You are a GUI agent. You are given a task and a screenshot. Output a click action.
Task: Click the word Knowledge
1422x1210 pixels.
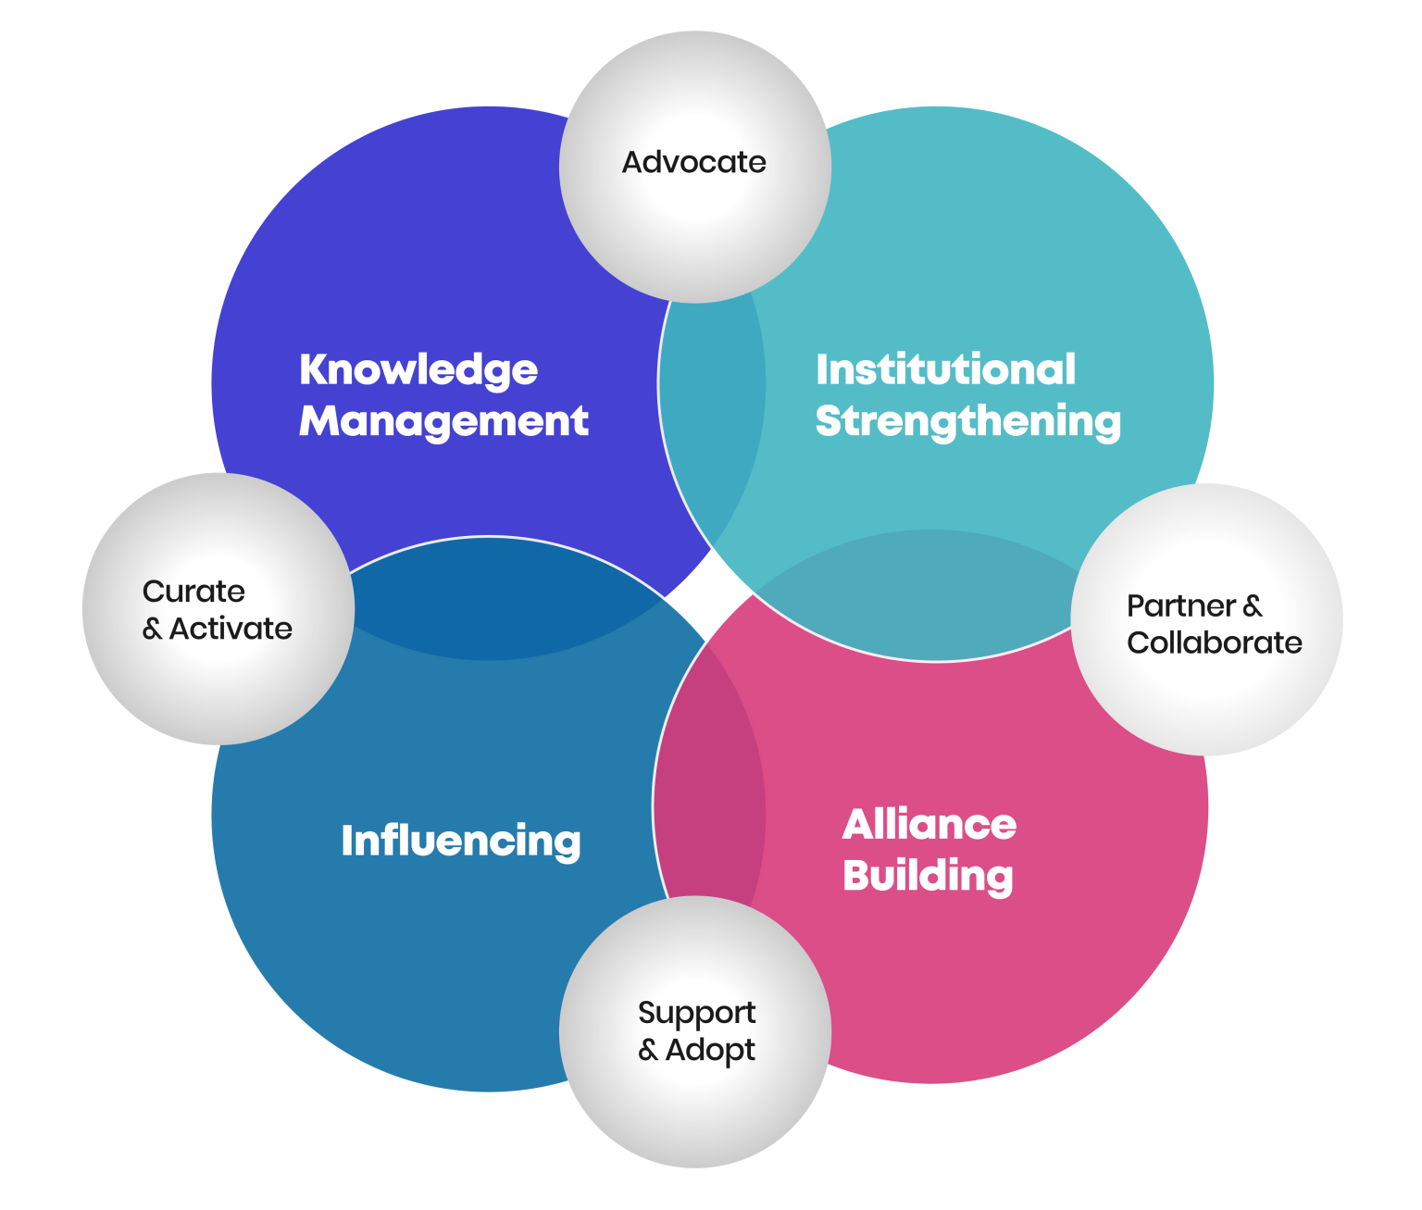click(418, 370)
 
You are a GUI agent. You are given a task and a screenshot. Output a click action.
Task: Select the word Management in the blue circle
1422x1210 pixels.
click(443, 421)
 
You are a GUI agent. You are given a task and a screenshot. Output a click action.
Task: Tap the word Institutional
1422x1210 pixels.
click(945, 369)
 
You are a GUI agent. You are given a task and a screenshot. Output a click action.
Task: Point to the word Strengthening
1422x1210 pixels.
click(967, 421)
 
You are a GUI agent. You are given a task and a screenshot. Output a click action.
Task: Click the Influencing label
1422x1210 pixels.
click(461, 841)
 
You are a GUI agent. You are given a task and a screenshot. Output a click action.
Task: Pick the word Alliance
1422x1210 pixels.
click(929, 824)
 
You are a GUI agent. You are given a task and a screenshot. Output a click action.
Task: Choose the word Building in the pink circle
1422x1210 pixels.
click(928, 876)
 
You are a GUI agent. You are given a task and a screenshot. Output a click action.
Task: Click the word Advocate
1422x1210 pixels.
click(694, 163)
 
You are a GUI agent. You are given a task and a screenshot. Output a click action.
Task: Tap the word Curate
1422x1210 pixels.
click(193, 592)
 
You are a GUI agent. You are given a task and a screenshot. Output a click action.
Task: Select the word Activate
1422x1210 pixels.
click(231, 629)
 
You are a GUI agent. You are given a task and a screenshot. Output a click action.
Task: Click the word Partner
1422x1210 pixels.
click(1180, 606)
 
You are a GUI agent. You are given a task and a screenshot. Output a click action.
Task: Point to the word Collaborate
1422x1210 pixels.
click(1214, 642)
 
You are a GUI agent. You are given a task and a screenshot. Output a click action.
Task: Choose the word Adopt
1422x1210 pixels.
click(710, 1051)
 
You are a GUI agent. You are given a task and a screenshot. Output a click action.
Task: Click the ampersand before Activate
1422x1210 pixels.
click(152, 630)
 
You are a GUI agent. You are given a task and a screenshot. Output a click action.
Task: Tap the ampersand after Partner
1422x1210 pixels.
click(1253, 606)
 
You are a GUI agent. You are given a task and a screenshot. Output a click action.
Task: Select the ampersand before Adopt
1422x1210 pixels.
click(648, 1051)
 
